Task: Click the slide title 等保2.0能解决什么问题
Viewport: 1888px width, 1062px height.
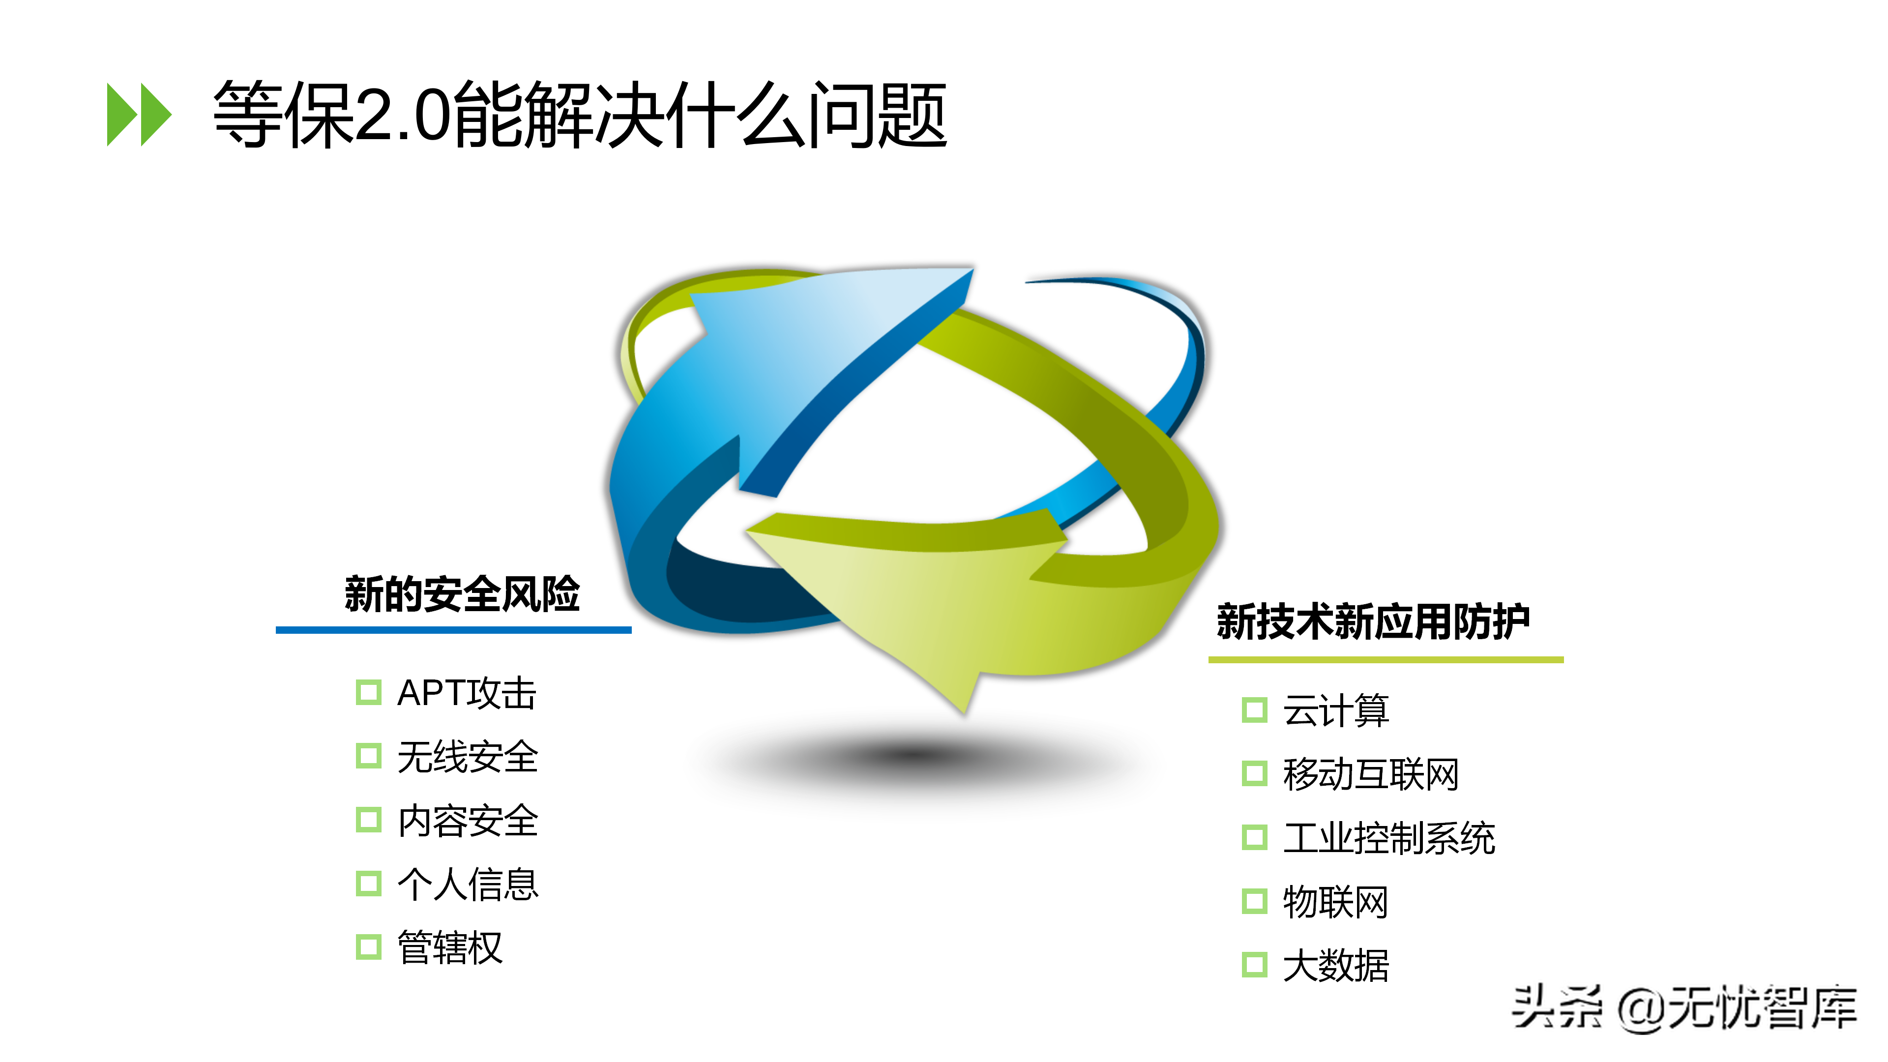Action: tap(580, 115)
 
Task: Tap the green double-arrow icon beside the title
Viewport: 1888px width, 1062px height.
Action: tap(139, 115)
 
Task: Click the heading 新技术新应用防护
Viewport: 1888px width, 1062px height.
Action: tap(1373, 622)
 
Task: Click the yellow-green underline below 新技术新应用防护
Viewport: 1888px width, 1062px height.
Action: tap(1386, 660)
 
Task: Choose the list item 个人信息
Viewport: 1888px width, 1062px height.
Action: tap(468, 885)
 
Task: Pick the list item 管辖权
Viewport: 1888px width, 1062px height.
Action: tap(450, 947)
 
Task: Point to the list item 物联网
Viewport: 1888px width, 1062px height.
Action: tap(1335, 902)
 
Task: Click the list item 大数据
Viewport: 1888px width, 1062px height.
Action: tap(1335, 965)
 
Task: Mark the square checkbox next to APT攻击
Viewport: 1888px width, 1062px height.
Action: tap(369, 692)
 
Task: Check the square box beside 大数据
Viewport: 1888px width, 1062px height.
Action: tap(1254, 965)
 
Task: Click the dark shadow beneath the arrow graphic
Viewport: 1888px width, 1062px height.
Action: tap(920, 759)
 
